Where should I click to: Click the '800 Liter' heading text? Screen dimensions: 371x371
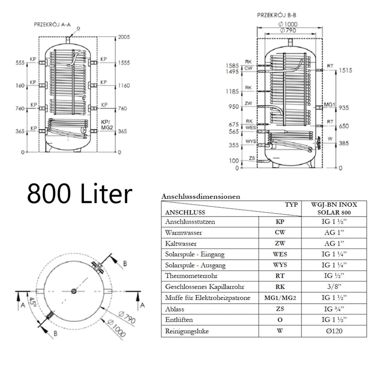pyautogui.click(x=79, y=193)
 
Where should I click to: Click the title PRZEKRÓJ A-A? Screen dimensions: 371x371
pyautogui.click(x=52, y=25)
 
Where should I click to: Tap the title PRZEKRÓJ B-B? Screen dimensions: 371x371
pyautogui.click(x=276, y=15)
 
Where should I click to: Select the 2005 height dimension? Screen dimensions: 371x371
pyautogui.click(x=124, y=37)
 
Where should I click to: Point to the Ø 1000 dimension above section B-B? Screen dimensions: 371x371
pyautogui.click(x=288, y=24)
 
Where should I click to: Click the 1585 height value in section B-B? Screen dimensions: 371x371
pyautogui.click(x=232, y=65)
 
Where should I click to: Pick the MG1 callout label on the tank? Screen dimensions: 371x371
pyautogui.click(x=330, y=105)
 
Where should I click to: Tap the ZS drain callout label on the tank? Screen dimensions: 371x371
pyautogui.click(x=252, y=158)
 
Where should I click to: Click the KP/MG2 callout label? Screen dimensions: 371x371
pyautogui.click(x=107, y=125)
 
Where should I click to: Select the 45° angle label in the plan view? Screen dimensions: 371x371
pyautogui.click(x=32, y=302)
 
